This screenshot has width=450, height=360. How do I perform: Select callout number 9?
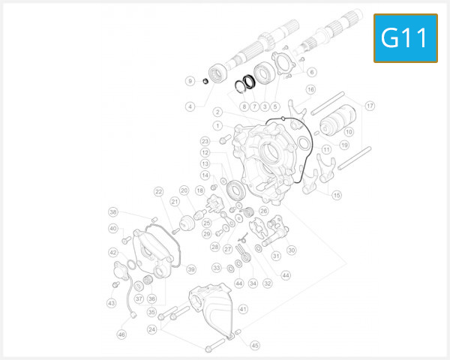190,81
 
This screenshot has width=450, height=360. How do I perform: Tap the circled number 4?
190,106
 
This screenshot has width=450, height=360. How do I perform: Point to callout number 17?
370,106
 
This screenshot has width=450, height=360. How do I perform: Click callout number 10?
349,132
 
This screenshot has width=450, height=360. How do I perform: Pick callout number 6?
311,72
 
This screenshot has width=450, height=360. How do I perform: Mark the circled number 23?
205,141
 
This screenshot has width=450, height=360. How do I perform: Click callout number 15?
337,195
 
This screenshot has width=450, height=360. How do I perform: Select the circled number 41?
242,309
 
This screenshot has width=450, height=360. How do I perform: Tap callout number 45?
255,345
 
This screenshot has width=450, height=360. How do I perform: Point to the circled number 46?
122,334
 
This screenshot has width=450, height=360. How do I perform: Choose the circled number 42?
112,253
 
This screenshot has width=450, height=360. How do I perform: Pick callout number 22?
158,192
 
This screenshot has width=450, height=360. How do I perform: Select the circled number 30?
292,250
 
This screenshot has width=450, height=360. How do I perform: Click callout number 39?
191,268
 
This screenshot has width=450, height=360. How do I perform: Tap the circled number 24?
152,329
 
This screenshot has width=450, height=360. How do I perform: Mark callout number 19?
344,145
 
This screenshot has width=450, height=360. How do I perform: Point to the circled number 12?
205,152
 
